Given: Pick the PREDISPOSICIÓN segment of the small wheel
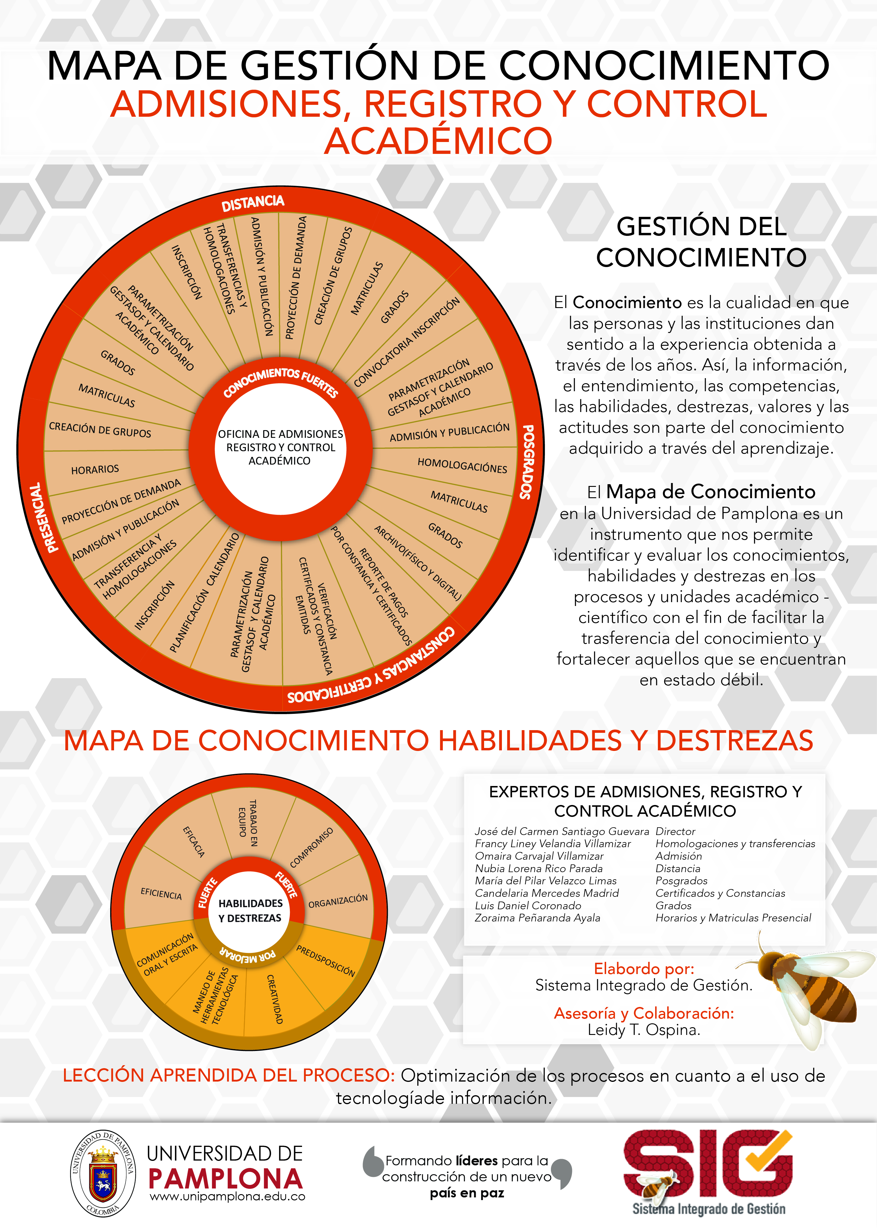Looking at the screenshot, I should click(325, 961).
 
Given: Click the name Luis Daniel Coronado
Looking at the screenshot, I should click(528, 906).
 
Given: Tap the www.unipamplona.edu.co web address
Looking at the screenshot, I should click(227, 1196).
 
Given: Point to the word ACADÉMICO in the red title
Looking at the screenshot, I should click(438, 141).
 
